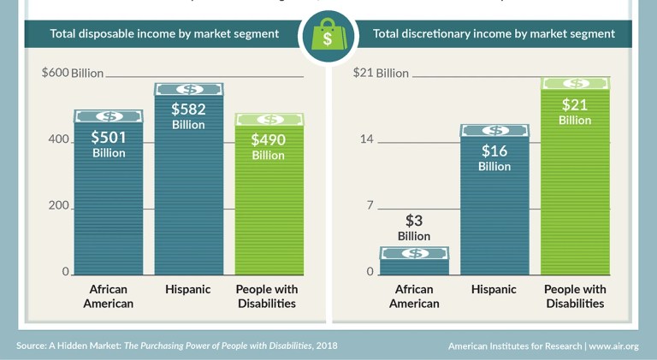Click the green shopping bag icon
tap(328, 37)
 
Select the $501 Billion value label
tap(109, 145)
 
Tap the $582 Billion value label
tap(188, 116)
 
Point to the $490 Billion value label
tap(268, 146)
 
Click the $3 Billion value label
tap(414, 227)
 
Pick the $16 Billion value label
tap(494, 158)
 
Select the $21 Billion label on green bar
tap(575, 112)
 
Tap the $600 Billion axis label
tap(73, 73)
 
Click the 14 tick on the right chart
tap(366, 139)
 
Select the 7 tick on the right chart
tap(370, 206)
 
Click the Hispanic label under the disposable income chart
tap(188, 290)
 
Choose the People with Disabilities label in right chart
tap(575, 296)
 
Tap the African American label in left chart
tap(109, 296)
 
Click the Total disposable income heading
tap(164, 34)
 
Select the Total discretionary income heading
tap(494, 34)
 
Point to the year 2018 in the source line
tap(326, 345)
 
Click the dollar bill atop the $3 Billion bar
tap(414, 253)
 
